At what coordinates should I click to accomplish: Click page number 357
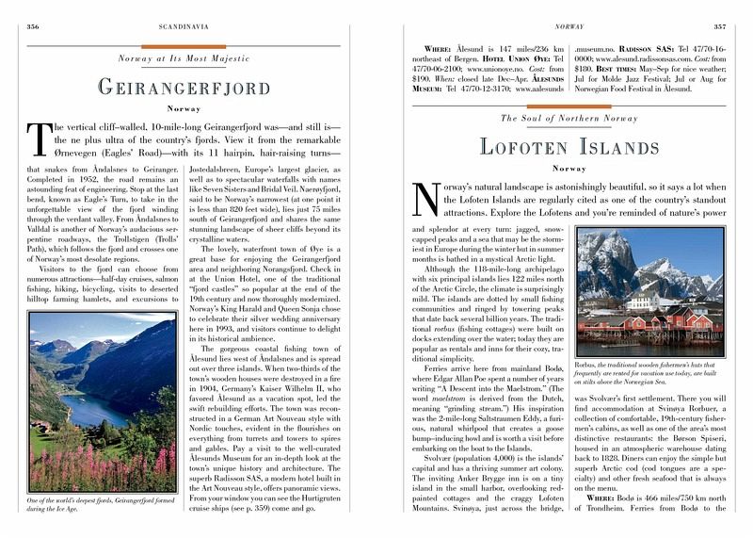coord(719,13)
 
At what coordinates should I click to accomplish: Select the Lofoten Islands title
coord(571,146)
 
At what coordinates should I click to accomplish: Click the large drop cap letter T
coord(40,142)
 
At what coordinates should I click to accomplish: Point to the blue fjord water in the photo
coord(94,407)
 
